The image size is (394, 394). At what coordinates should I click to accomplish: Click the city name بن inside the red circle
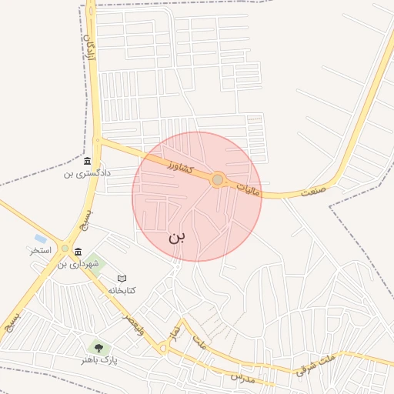177,236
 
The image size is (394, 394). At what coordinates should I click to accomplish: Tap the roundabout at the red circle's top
218,179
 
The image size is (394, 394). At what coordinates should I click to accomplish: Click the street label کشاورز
178,164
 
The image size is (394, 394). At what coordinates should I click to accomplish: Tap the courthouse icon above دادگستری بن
87,161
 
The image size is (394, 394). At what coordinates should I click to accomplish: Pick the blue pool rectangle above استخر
41,239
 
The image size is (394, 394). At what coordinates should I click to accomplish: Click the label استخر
40,251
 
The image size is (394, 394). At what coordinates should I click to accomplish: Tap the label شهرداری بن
78,264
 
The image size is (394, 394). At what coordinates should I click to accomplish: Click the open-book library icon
122,278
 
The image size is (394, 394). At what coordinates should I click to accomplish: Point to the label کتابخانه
122,290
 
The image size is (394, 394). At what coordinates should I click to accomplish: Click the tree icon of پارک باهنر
97,348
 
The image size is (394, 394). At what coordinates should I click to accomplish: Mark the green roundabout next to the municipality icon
78,251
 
